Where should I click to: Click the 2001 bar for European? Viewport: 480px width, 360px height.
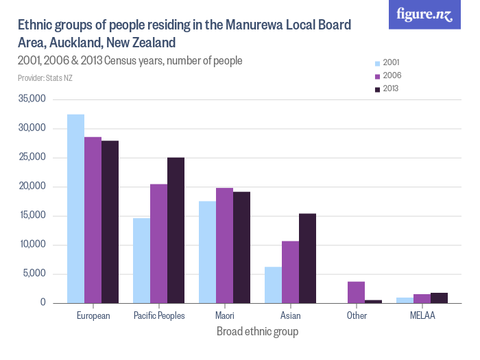click(75, 208)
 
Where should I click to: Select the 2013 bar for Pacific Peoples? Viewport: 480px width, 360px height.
click(176, 230)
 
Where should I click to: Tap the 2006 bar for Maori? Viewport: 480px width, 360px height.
click(224, 245)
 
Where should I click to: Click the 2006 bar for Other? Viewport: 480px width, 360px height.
click(356, 292)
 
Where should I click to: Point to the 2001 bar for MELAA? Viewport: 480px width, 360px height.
click(405, 300)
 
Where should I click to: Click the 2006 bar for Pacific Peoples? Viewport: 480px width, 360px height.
click(158, 243)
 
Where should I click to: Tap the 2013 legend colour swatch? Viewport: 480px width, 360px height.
click(376, 89)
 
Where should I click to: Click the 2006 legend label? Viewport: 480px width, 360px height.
click(392, 75)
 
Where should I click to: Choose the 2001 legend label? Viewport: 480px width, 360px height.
click(392, 62)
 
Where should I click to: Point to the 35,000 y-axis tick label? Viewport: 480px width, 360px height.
click(32, 99)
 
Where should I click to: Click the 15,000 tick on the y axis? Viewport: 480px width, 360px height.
click(32, 216)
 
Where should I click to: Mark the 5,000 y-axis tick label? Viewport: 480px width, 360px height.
click(34, 274)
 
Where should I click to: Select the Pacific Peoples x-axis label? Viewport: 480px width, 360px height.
click(158, 316)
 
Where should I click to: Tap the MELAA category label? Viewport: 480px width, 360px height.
click(422, 316)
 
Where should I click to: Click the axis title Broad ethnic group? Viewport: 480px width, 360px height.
click(257, 332)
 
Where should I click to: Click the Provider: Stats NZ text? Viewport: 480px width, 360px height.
click(45, 77)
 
